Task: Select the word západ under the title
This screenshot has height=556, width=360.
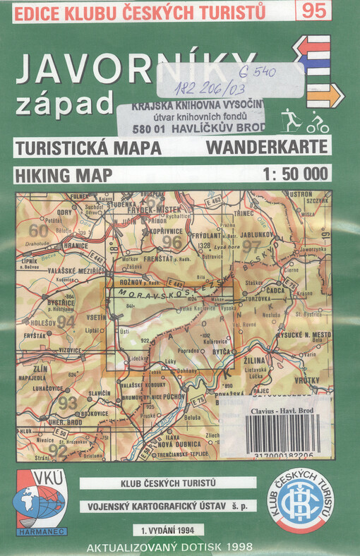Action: pyautogui.click(x=64, y=103)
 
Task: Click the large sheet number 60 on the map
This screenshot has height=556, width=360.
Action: pyautogui.click(x=38, y=230)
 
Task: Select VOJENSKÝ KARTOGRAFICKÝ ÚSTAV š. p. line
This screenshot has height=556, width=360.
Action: pyautogui.click(x=167, y=505)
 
